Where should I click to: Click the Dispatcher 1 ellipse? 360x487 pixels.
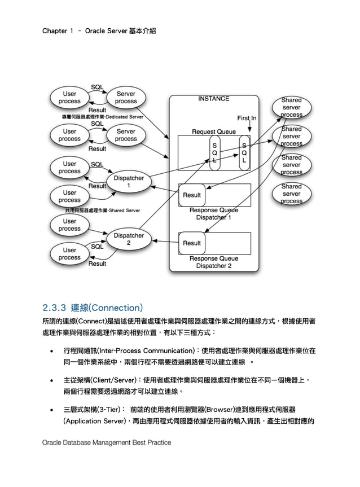129,181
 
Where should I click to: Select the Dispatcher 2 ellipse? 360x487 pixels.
129,239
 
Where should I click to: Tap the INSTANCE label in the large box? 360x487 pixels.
213,99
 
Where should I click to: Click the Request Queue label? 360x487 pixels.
214,131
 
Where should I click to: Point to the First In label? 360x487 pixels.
247,119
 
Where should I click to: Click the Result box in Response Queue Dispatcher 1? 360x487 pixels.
192,195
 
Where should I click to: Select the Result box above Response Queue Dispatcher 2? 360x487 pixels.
192,243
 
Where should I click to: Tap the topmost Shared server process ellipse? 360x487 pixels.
291,107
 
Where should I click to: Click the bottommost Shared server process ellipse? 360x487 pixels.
291,194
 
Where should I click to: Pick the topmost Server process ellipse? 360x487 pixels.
126,98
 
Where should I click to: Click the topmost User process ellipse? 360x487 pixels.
69,98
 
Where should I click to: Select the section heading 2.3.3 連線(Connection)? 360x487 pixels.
93,308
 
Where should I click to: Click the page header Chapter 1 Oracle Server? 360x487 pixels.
99,30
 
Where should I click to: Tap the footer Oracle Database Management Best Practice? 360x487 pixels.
107,443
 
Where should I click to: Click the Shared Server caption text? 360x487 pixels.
102,210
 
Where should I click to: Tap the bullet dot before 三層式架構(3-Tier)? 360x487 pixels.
52,410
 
